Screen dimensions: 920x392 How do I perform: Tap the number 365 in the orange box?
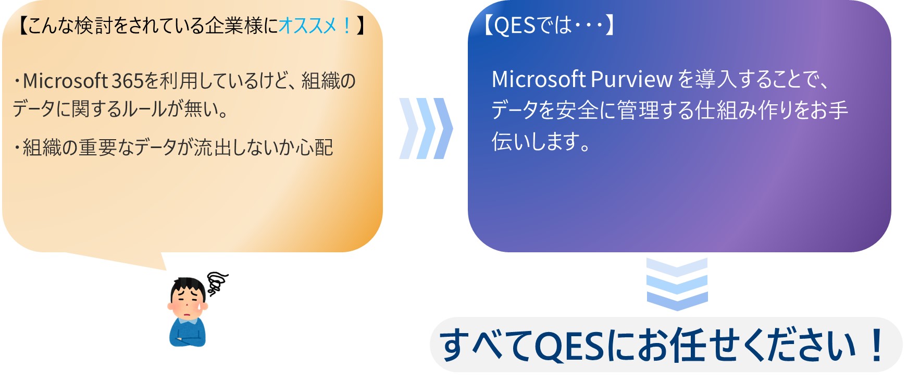tap(127, 81)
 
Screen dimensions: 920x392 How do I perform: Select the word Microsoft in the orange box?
tap(65, 81)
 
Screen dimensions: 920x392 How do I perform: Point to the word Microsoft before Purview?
tap(539, 79)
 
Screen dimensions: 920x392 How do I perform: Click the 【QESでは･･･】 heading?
tap(549, 24)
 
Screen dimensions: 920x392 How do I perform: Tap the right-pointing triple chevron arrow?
tap(426, 128)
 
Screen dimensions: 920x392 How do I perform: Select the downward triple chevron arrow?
tap(677, 284)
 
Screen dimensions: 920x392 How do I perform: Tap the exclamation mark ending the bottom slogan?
tap(877, 345)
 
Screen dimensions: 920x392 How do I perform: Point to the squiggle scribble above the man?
tap(217, 283)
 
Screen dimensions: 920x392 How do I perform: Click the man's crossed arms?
tap(188, 337)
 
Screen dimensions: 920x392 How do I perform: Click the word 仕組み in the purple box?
tap(726, 110)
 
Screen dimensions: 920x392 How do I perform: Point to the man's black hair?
tap(188, 286)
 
